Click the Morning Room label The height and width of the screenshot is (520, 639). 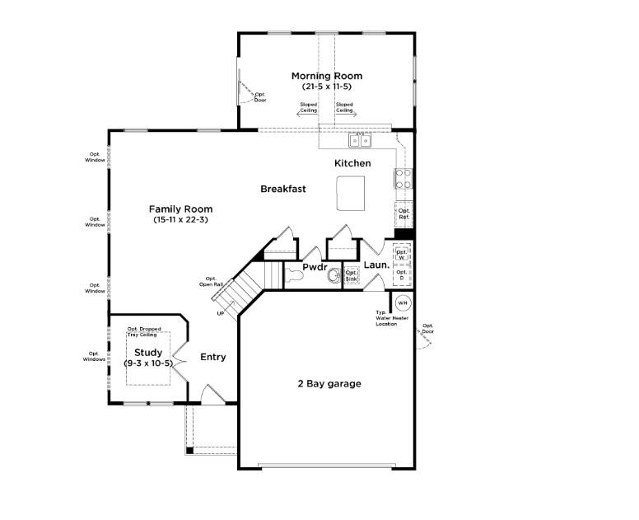327,76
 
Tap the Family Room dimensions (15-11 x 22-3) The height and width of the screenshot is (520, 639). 180,219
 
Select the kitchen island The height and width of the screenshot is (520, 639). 351,194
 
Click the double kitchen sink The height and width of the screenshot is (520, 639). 360,141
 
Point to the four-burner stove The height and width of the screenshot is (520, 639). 403,179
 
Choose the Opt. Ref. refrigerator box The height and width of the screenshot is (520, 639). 403,214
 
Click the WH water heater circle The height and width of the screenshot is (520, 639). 403,303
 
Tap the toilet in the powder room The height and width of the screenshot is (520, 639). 295,276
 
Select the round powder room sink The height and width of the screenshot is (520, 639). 334,276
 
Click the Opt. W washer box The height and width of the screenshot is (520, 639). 402,255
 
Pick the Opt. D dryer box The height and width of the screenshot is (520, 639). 402,275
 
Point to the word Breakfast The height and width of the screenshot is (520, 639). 282,189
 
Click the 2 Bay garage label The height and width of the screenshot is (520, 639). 329,384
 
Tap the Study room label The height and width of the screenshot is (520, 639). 148,353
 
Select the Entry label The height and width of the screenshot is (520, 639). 213,358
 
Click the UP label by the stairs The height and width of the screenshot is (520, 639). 221,314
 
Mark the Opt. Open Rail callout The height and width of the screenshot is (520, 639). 211,281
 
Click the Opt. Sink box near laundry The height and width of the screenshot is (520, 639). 352,276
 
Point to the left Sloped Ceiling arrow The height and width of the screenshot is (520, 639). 306,115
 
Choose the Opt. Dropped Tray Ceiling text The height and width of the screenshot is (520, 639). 144,331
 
